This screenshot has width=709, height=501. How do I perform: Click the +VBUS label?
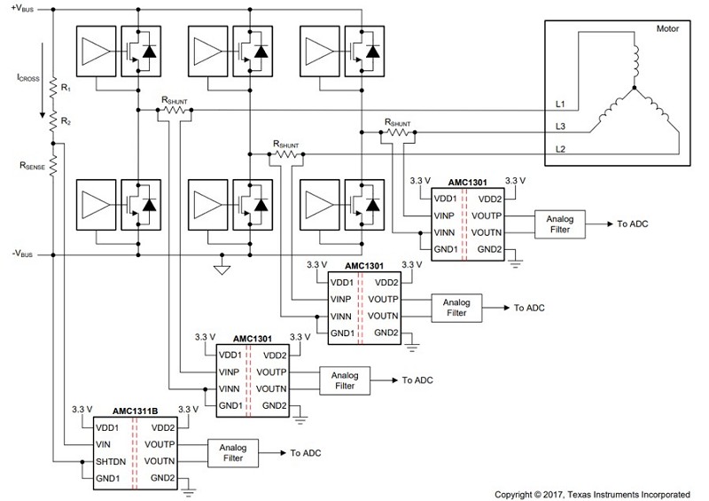(23, 8)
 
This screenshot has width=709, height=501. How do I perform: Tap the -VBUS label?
(22, 254)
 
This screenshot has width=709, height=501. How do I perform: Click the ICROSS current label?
(28, 78)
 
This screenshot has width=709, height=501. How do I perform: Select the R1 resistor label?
(66, 88)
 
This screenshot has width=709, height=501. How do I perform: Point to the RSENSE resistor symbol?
(53, 166)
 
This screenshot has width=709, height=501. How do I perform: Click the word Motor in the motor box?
(667, 28)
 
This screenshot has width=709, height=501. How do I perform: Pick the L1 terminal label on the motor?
(560, 104)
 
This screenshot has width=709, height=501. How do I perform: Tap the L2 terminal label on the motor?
(560, 149)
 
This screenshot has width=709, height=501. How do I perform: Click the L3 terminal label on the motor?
(560, 126)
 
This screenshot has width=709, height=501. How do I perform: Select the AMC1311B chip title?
(136, 411)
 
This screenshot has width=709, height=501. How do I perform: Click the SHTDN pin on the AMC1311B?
(111, 462)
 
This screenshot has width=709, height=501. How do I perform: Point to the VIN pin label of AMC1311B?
(103, 444)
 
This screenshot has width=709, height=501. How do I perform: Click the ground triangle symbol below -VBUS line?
(222, 270)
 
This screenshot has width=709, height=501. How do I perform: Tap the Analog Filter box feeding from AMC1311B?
(233, 453)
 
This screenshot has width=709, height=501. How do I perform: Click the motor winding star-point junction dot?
(635, 88)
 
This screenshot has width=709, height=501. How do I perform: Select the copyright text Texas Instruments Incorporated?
(629, 494)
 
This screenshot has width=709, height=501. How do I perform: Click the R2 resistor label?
(66, 121)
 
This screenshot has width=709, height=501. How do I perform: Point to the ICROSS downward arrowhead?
(43, 114)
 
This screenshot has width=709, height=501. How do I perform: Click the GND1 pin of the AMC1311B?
(107, 478)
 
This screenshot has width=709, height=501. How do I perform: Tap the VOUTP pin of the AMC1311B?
(160, 444)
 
